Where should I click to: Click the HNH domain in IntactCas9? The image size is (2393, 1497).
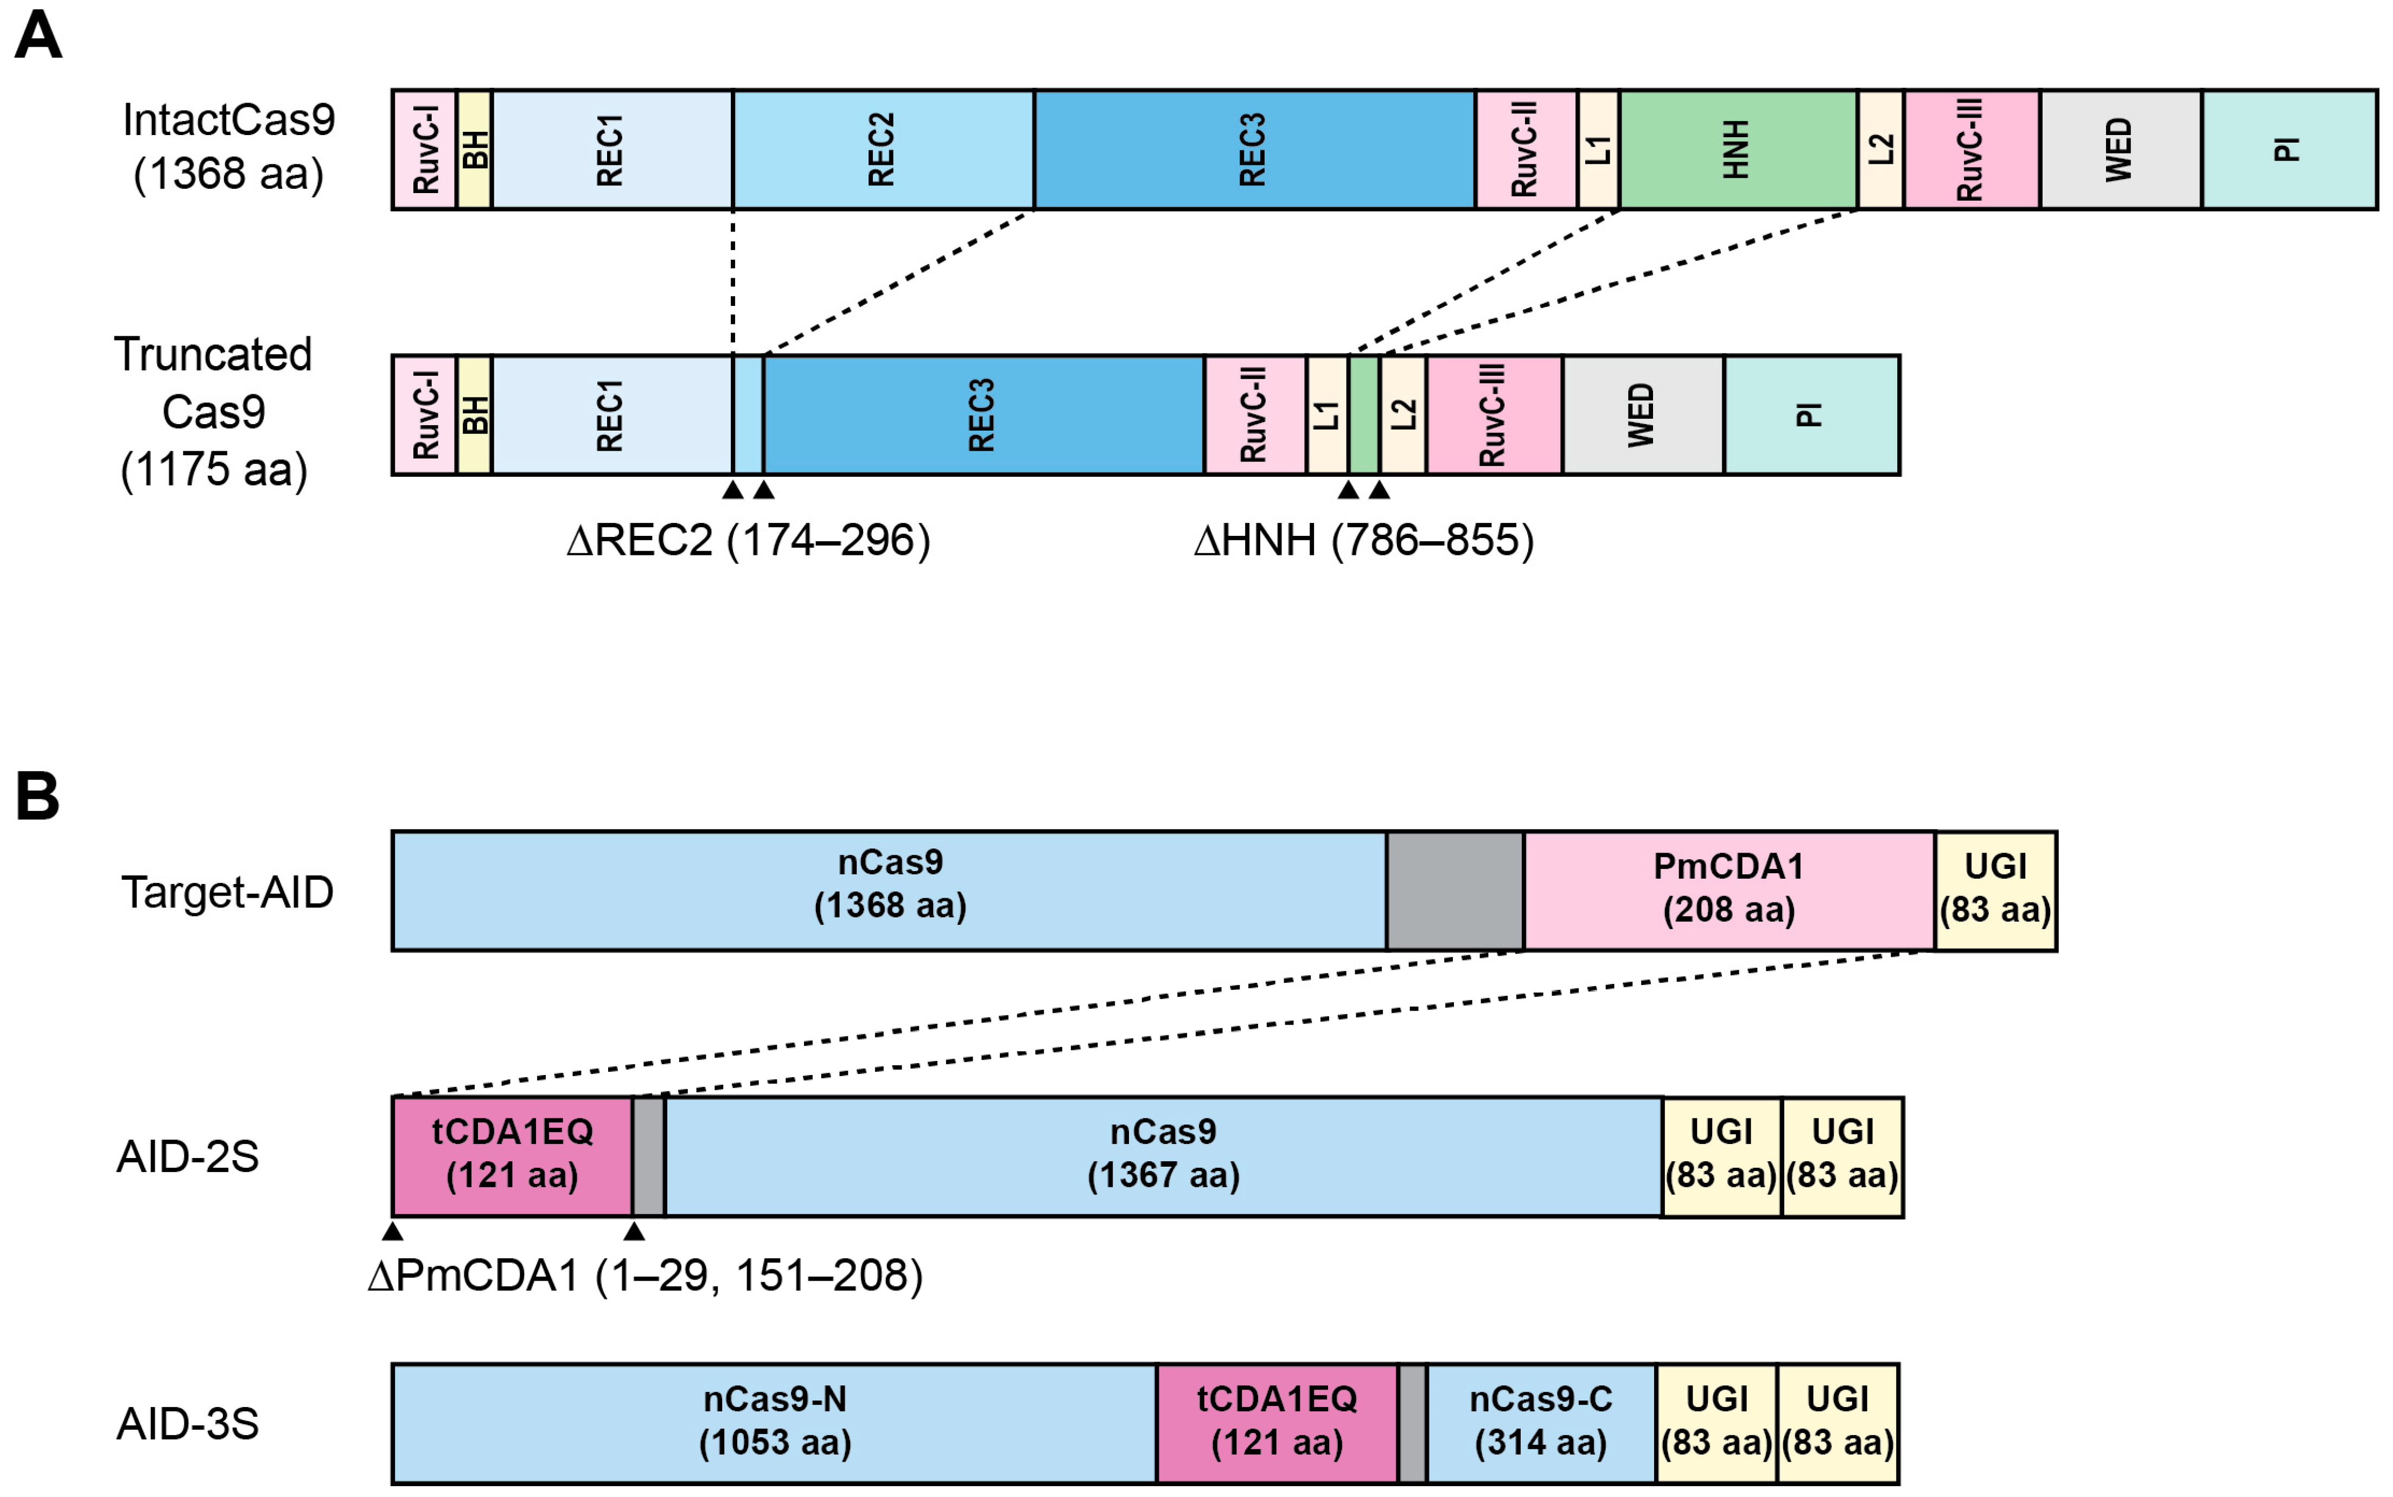coord(1738,150)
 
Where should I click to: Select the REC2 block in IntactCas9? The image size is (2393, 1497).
coord(883,150)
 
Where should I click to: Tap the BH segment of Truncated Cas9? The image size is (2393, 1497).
coord(474,415)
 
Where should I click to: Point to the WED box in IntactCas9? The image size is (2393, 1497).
coord(2120,150)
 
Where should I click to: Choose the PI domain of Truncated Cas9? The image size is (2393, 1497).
coord(1811,415)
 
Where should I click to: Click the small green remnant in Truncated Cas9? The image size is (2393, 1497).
coord(1363,415)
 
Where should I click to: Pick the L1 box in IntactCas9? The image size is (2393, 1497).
coord(1598,150)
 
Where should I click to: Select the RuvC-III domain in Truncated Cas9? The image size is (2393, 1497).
coord(1493,415)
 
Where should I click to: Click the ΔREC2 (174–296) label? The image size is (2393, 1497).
coord(749,541)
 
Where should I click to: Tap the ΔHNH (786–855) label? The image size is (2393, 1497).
coord(1363,541)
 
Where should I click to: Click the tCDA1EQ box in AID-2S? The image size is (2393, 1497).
coord(512,1155)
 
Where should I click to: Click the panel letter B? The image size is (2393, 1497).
coord(37,796)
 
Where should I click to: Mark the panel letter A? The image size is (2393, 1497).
coord(37,37)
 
